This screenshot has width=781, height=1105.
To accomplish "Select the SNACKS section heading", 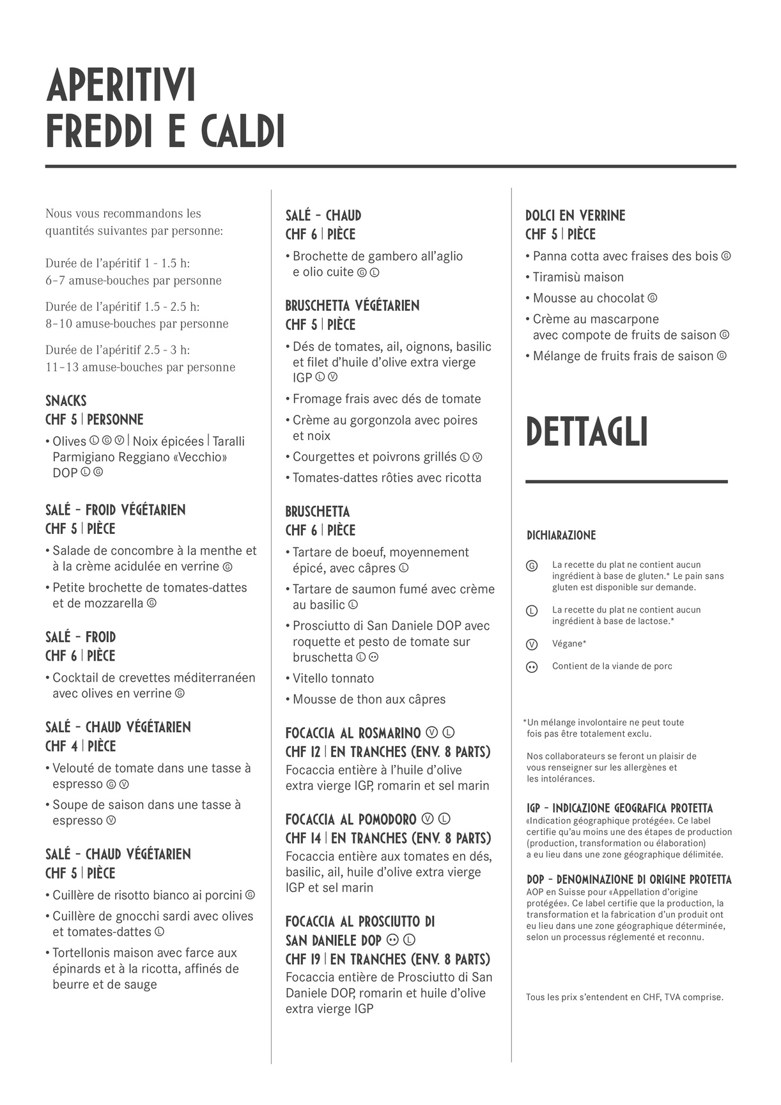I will [66, 401].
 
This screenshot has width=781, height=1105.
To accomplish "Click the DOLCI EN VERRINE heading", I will [575, 216].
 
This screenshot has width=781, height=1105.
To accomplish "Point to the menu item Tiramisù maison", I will [578, 277].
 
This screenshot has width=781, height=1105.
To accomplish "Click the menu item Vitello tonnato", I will [333, 678].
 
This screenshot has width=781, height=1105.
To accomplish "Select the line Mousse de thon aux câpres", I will [369, 700].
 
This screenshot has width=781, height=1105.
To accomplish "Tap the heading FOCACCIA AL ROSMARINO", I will [353, 733].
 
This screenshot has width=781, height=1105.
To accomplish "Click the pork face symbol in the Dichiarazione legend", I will [531, 667].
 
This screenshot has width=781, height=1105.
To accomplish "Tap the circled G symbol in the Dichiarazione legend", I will [531, 566].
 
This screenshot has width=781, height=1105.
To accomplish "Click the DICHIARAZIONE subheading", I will [561, 535].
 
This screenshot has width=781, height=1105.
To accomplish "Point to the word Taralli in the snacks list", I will [228, 441].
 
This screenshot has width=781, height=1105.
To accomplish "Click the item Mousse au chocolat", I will [589, 298].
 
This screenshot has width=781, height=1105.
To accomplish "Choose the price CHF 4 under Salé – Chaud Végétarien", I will [61, 746].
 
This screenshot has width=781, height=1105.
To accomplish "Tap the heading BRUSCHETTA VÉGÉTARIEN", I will [352, 306].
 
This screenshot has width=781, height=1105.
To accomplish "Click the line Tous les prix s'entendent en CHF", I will [624, 997].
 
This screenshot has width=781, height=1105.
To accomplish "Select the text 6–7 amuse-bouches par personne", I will [134, 281].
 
